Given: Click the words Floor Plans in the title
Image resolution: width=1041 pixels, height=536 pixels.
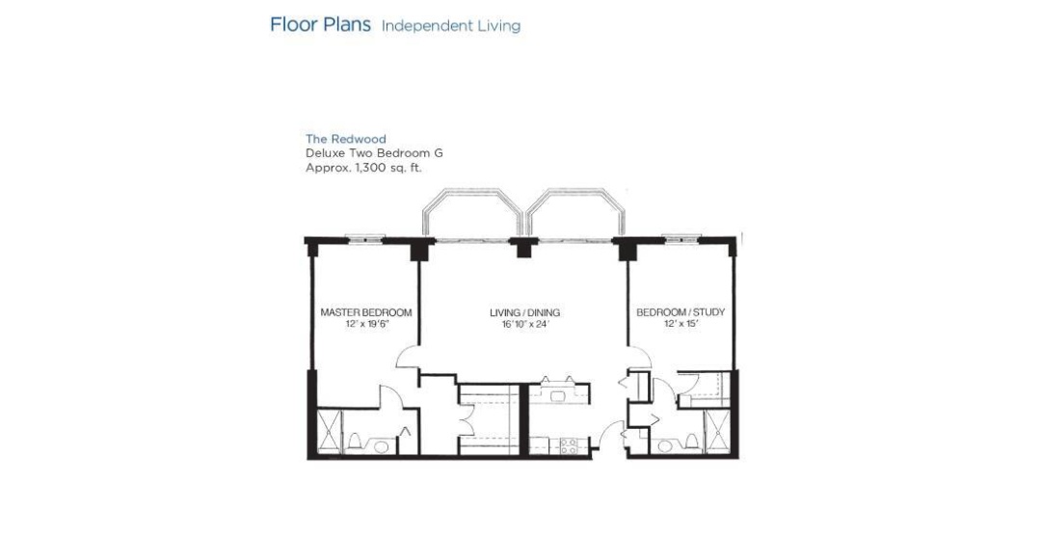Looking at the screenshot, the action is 320,24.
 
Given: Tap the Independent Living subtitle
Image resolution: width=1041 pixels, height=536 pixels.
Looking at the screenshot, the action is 451,26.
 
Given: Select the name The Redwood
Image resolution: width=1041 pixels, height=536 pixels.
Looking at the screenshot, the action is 345,139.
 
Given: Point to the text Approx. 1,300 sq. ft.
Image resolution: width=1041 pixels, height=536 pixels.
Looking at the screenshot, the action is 363,168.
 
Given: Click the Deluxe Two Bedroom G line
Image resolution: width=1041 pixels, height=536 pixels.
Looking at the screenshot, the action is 374,152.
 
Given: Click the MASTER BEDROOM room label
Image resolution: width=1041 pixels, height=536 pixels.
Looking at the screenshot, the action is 366,312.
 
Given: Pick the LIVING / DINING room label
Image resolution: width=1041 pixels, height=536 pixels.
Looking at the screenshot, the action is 524,312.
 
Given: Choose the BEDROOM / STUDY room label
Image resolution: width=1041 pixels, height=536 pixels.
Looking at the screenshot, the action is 681,312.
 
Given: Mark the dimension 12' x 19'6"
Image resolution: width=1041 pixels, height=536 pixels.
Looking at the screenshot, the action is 366,324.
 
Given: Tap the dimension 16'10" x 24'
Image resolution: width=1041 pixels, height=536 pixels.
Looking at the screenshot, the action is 525,324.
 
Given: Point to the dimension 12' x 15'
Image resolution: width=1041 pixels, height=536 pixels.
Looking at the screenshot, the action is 681,324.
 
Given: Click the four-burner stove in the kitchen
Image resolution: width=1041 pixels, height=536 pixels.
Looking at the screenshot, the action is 569,446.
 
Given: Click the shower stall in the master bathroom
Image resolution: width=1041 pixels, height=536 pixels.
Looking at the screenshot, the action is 329,432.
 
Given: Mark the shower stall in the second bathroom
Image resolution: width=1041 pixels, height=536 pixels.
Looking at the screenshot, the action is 717,432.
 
